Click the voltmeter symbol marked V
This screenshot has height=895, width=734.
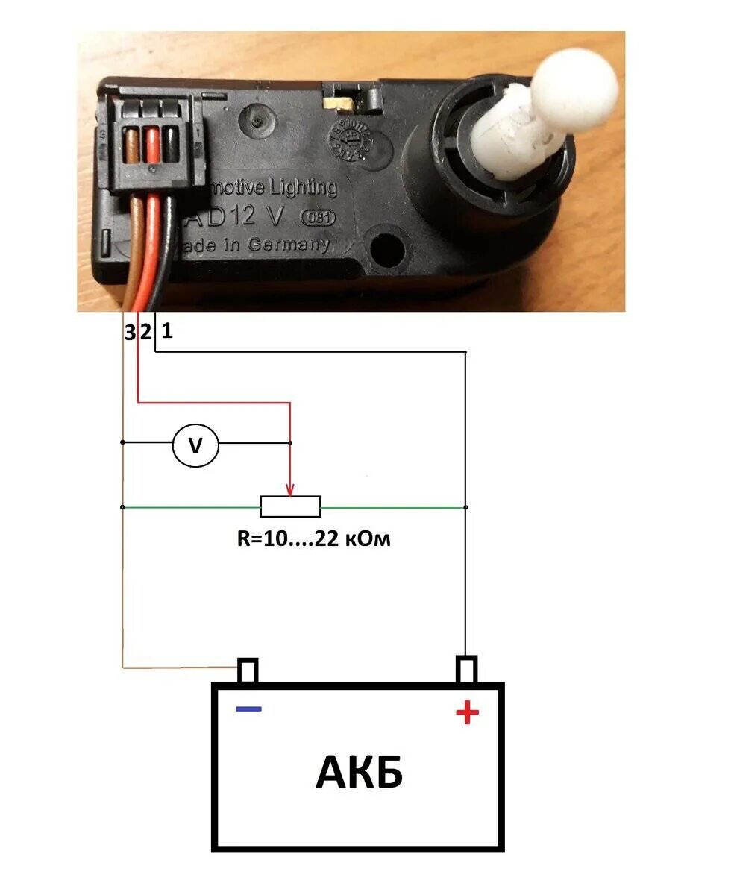point(195,445)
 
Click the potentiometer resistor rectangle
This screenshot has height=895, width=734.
point(290,507)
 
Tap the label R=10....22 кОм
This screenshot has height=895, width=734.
point(313,538)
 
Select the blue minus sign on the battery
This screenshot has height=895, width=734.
point(248,708)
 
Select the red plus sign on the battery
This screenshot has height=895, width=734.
point(467,713)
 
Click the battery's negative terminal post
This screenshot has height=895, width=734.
point(248,671)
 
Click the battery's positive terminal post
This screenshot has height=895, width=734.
point(466,669)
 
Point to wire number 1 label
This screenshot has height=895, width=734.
point(167,330)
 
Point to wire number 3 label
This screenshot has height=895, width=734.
point(131,333)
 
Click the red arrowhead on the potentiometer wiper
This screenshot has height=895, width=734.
point(290,489)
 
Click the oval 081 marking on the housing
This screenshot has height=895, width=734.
point(318,218)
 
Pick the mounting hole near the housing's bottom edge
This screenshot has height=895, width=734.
point(386,246)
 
